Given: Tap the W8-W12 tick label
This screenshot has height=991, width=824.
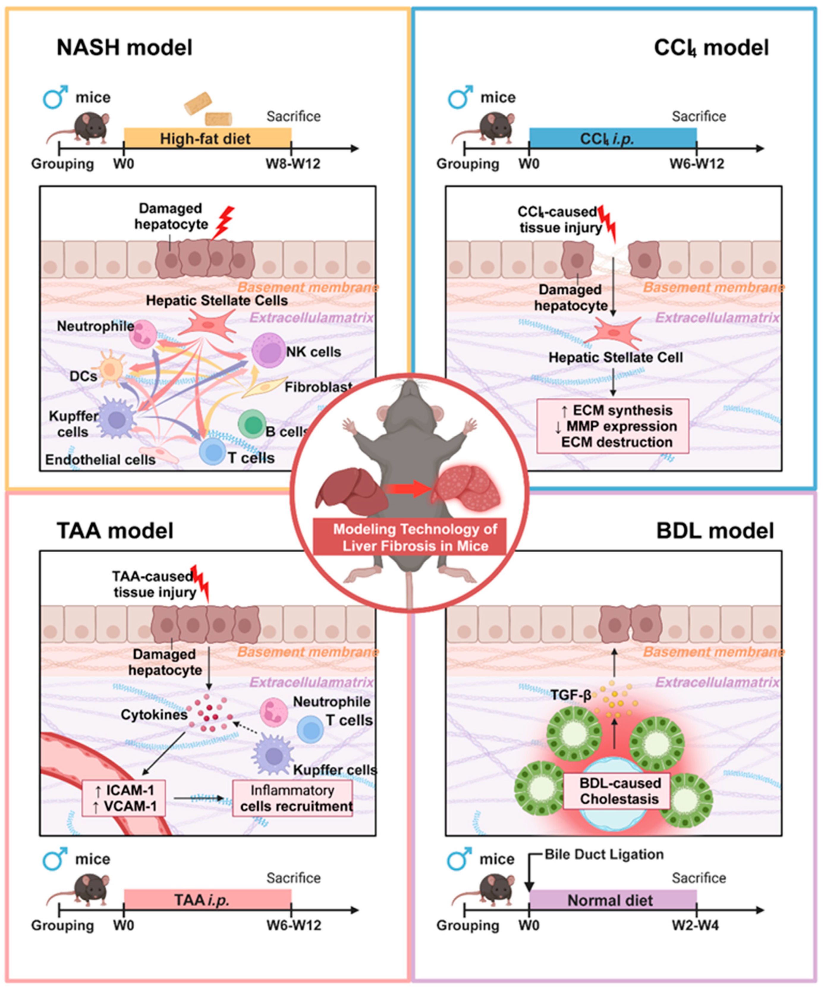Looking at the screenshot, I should [293, 164].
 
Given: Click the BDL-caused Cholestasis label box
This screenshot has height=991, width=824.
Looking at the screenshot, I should [619, 790].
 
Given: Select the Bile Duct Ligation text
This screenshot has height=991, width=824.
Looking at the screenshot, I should [604, 855].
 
